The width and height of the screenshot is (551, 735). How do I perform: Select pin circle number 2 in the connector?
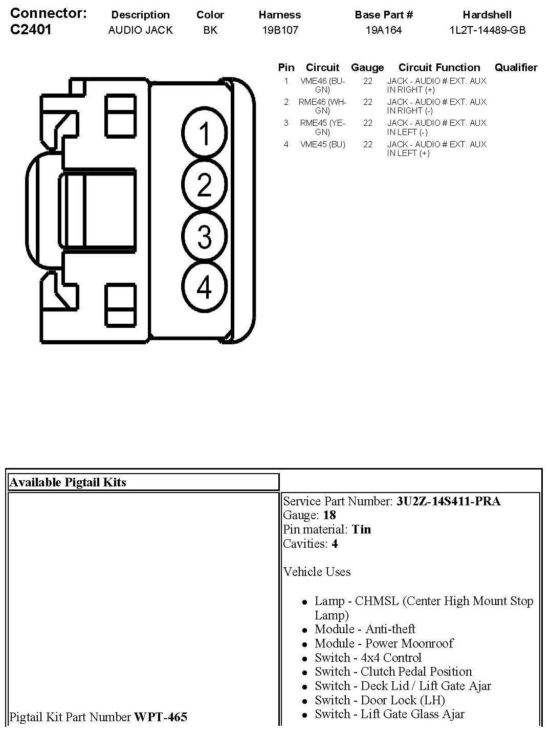pyautogui.click(x=204, y=185)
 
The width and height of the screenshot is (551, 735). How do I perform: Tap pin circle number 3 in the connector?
pyautogui.click(x=204, y=236)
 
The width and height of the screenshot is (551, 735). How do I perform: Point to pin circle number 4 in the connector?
pyautogui.click(x=204, y=287)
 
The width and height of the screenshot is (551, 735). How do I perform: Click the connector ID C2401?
pyautogui.click(x=31, y=30)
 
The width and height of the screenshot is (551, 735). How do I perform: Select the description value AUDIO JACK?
pyautogui.click(x=140, y=30)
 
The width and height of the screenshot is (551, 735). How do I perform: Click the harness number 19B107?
pyautogui.click(x=280, y=30)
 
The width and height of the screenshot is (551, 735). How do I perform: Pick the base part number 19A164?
pyautogui.click(x=383, y=30)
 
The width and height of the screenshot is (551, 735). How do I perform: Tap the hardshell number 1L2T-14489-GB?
pyautogui.click(x=487, y=30)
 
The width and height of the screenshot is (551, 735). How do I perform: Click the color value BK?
pyautogui.click(x=210, y=30)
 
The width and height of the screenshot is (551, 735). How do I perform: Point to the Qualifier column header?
pyautogui.click(x=516, y=68)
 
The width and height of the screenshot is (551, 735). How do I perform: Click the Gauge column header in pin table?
pyautogui.click(x=367, y=68)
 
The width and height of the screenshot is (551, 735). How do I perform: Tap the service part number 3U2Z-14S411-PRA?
pyautogui.click(x=448, y=501)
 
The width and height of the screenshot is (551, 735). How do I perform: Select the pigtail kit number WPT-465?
pyautogui.click(x=161, y=717)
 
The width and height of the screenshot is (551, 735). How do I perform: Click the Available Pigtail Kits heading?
pyautogui.click(x=68, y=482)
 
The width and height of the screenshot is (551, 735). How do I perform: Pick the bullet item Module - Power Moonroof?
pyautogui.click(x=384, y=643)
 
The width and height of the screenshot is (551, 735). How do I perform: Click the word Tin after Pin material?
pyautogui.click(x=361, y=529)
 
